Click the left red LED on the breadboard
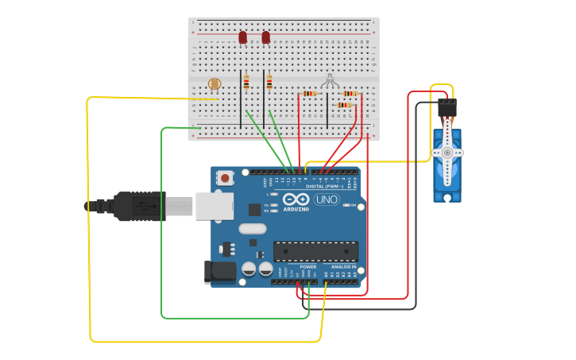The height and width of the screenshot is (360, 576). click(x=243, y=37)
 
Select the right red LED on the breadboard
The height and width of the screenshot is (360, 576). click(x=265, y=37)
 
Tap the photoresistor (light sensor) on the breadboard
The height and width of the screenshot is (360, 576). click(x=214, y=83)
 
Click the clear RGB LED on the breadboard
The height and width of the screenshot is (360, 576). click(x=330, y=80)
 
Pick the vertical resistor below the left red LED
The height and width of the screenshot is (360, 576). click(x=246, y=82)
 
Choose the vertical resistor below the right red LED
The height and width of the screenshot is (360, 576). click(x=269, y=82)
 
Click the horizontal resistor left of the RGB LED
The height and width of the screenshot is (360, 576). click(x=309, y=94)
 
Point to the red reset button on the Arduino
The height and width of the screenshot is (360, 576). click(x=226, y=178)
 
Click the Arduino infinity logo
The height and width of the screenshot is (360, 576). click(x=295, y=200)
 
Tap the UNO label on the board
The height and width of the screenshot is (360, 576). click(x=326, y=200)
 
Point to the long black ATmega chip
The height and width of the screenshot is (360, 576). click(x=315, y=251)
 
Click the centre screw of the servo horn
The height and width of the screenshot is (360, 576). click(x=447, y=153)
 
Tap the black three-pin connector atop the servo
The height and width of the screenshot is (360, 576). click(x=447, y=106)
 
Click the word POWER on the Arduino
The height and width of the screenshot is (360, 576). click(x=308, y=267)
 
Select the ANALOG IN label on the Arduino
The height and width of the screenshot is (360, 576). click(x=343, y=267)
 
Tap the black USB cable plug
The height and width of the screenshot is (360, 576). click(x=140, y=206)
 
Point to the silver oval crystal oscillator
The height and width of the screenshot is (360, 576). click(x=252, y=229)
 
